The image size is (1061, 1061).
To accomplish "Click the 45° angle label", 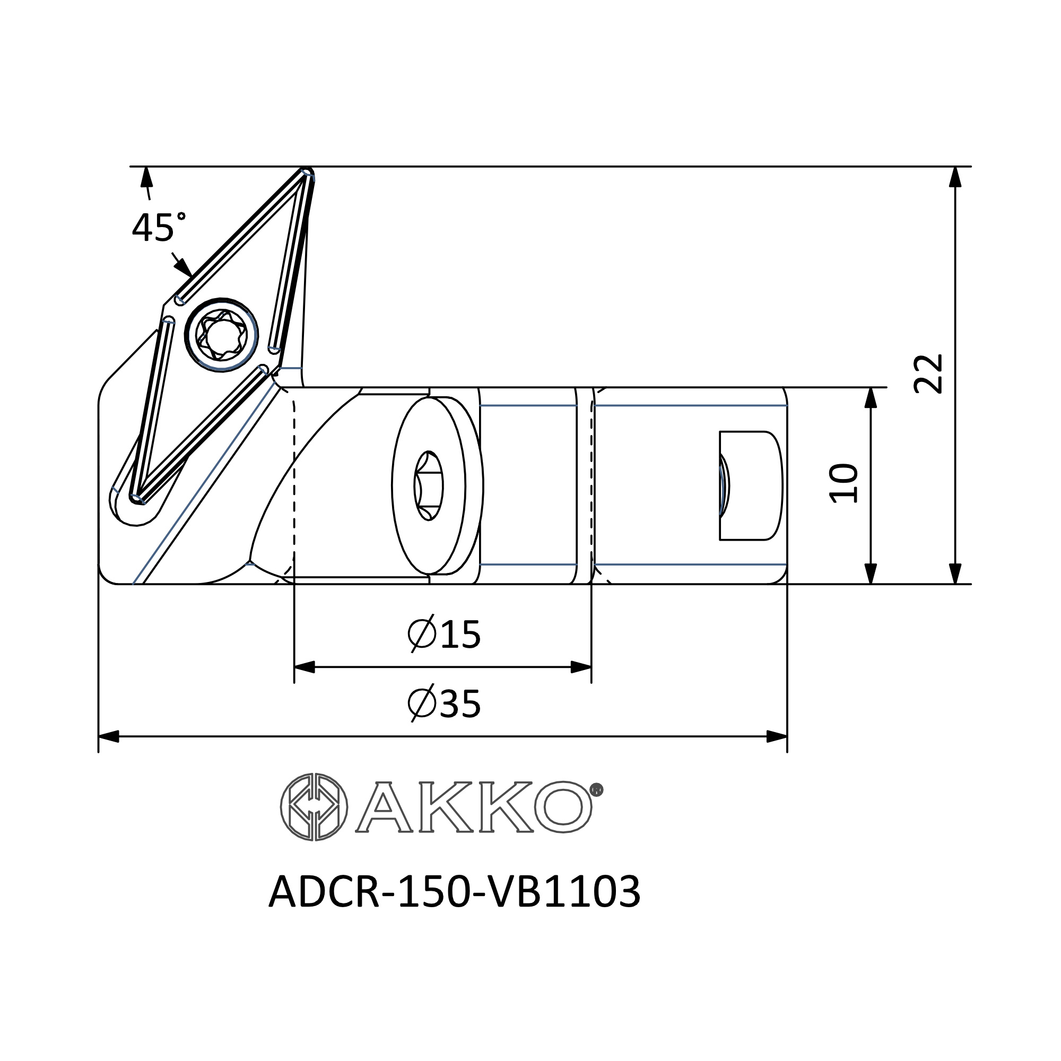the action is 159,227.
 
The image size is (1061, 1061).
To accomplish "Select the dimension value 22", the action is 927,373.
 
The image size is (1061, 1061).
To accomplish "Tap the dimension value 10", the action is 843,483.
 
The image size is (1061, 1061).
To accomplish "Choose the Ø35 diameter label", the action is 444,703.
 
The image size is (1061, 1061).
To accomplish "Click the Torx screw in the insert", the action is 221,334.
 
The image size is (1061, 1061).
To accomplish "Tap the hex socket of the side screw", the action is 428,485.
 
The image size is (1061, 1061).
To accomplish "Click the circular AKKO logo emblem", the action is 314,807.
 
